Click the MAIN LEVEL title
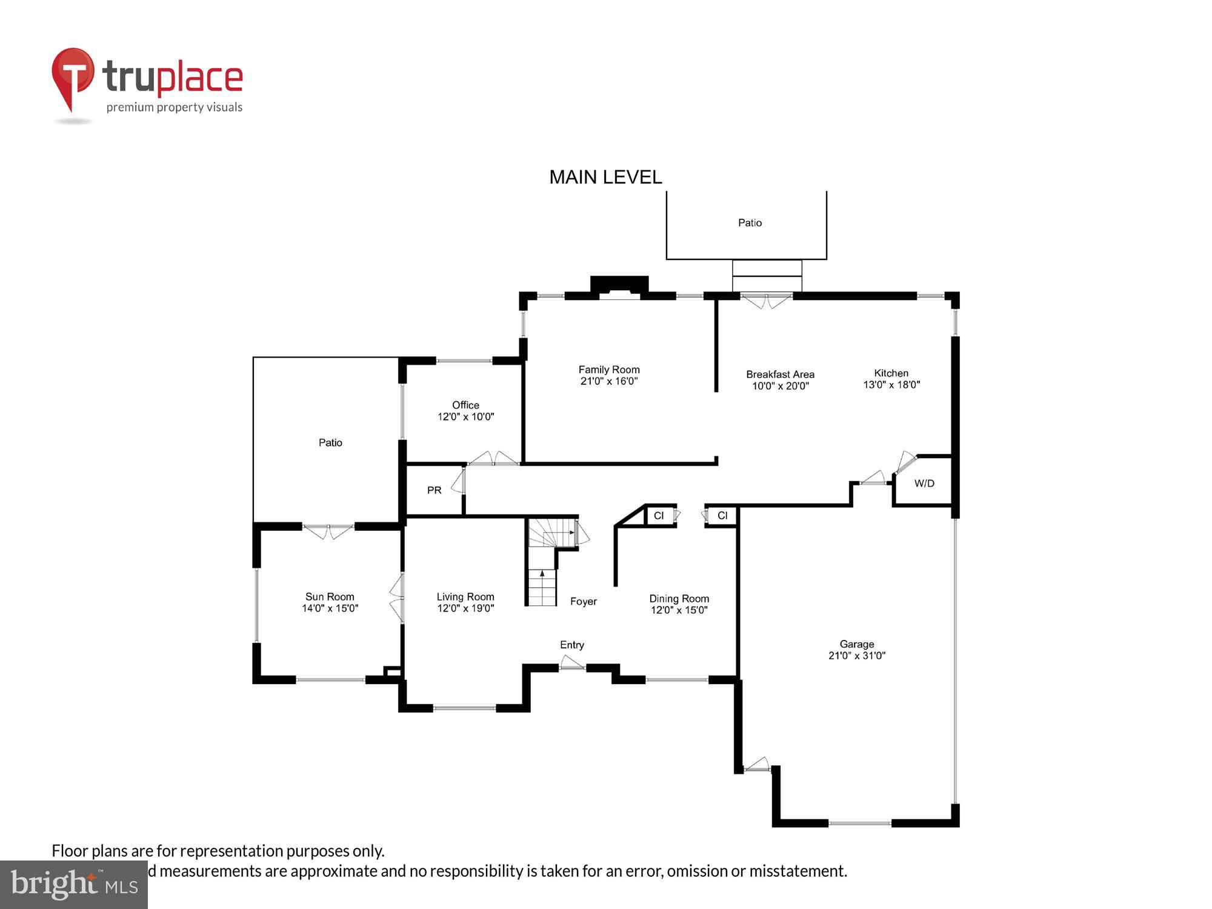[x=605, y=177]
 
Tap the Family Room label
[x=608, y=370]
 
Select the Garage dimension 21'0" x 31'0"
[x=857, y=656]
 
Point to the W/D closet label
[x=924, y=484]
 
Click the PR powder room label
[x=434, y=490]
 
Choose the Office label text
[x=465, y=405]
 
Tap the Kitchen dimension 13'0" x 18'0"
[x=891, y=385]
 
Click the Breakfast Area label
[x=780, y=375]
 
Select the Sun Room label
[x=330, y=597]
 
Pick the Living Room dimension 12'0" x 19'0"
[x=465, y=608]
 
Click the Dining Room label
[x=679, y=599]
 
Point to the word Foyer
[x=584, y=602]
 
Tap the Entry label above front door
[x=572, y=645]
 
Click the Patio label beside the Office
[x=330, y=443]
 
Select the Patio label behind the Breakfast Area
[x=750, y=223]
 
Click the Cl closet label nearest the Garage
[x=722, y=516]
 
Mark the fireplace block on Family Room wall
[x=619, y=285]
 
